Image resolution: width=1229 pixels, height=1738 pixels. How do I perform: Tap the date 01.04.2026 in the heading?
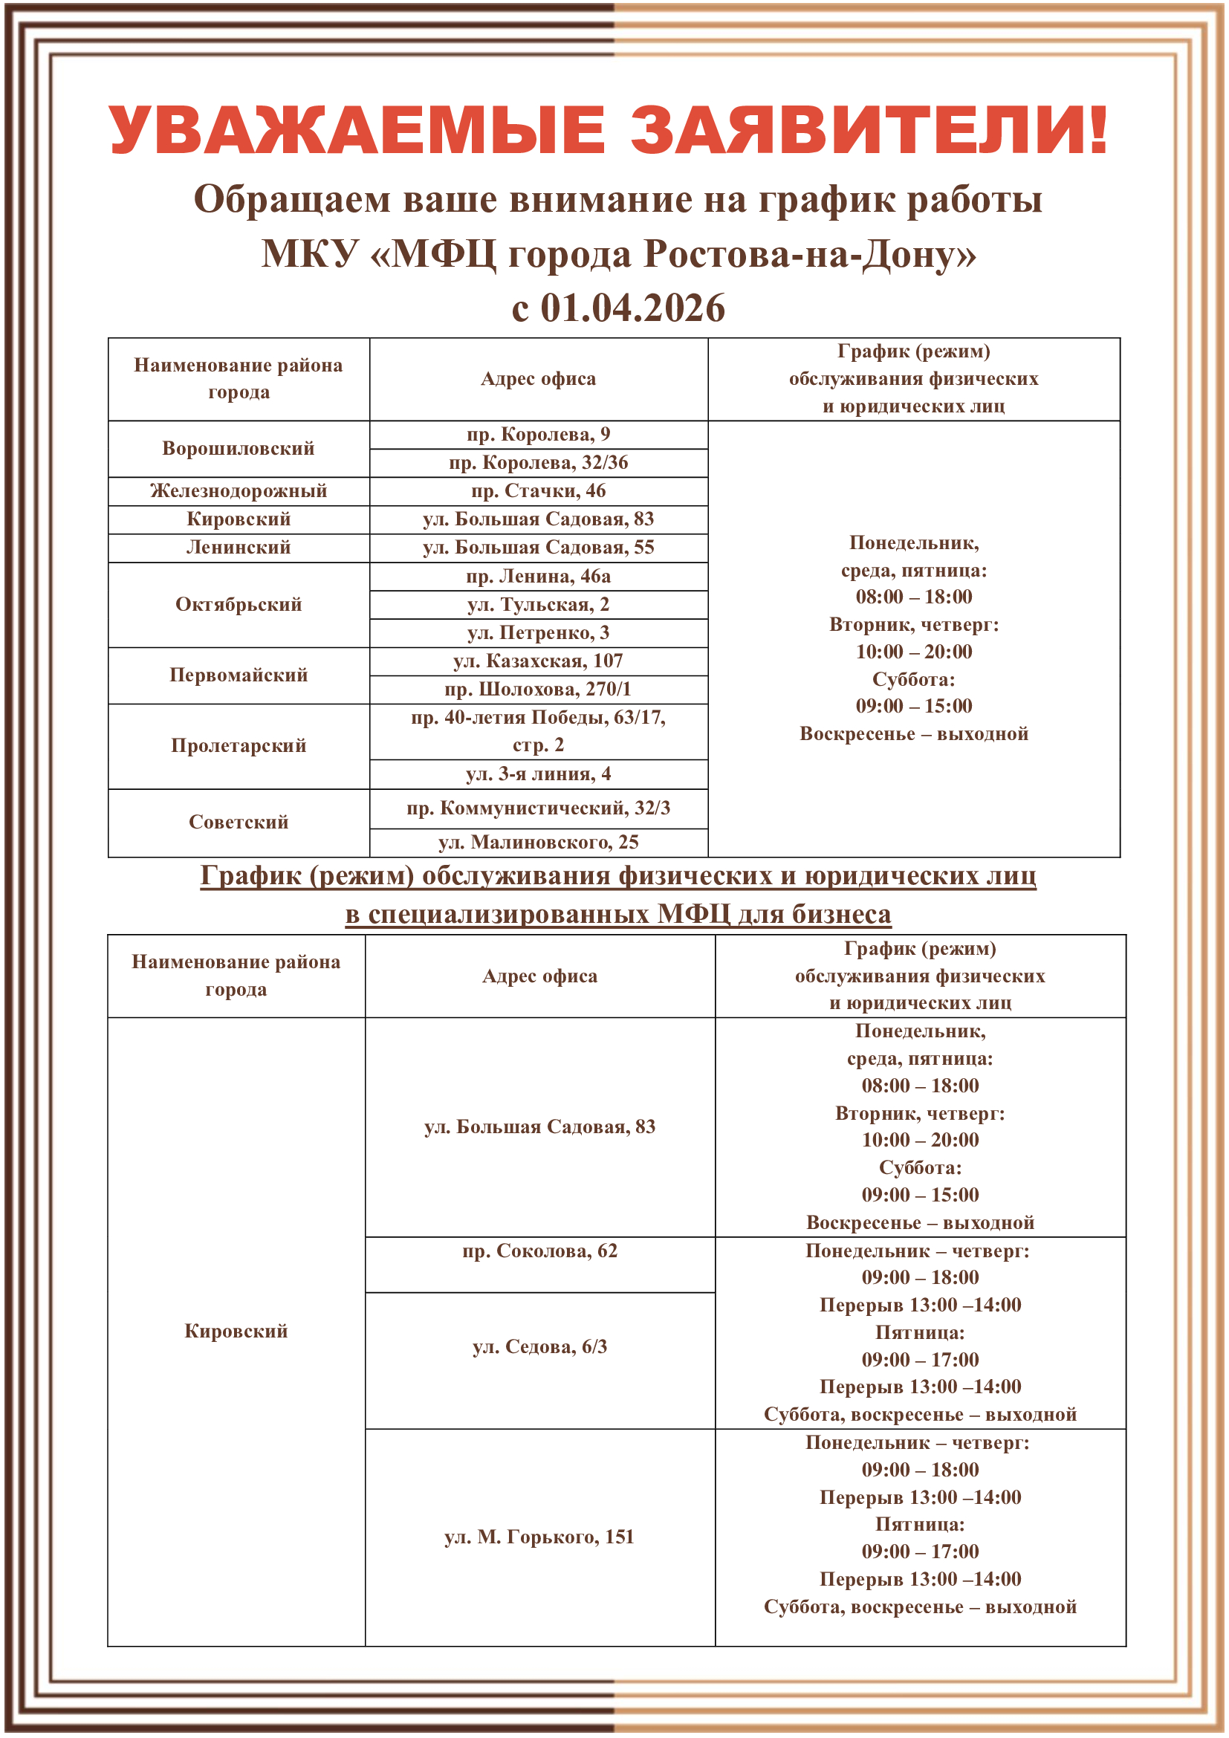coord(632,308)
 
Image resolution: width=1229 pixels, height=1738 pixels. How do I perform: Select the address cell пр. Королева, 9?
coord(538,435)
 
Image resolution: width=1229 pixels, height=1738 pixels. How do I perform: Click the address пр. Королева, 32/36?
coord(538,462)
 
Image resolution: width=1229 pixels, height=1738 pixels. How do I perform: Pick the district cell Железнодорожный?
coord(239,491)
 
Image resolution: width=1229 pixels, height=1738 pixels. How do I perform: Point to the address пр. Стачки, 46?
coord(538,491)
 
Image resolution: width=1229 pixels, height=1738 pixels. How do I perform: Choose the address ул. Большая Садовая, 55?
coord(538,548)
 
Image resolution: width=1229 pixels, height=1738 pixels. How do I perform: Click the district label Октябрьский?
coord(239,605)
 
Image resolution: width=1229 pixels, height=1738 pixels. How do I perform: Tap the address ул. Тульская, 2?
coord(538,605)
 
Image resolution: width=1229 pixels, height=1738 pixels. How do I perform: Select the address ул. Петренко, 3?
coord(538,633)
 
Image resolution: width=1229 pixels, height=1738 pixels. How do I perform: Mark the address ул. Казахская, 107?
coord(538,661)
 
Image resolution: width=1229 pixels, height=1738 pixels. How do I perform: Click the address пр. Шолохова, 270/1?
coord(538,690)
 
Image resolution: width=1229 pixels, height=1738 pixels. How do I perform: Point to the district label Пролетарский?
coord(239,746)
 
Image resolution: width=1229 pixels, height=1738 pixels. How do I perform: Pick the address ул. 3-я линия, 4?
coord(538,774)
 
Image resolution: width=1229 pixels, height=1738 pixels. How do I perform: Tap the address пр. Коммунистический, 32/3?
coord(538,808)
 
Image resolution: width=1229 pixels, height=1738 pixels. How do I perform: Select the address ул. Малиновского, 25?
coord(538,843)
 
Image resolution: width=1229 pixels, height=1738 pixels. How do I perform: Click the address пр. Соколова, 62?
coord(539,1251)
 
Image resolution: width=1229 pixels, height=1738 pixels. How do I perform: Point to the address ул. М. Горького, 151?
coord(539,1537)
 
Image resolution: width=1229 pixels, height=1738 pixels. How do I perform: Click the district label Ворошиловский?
coord(239,449)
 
